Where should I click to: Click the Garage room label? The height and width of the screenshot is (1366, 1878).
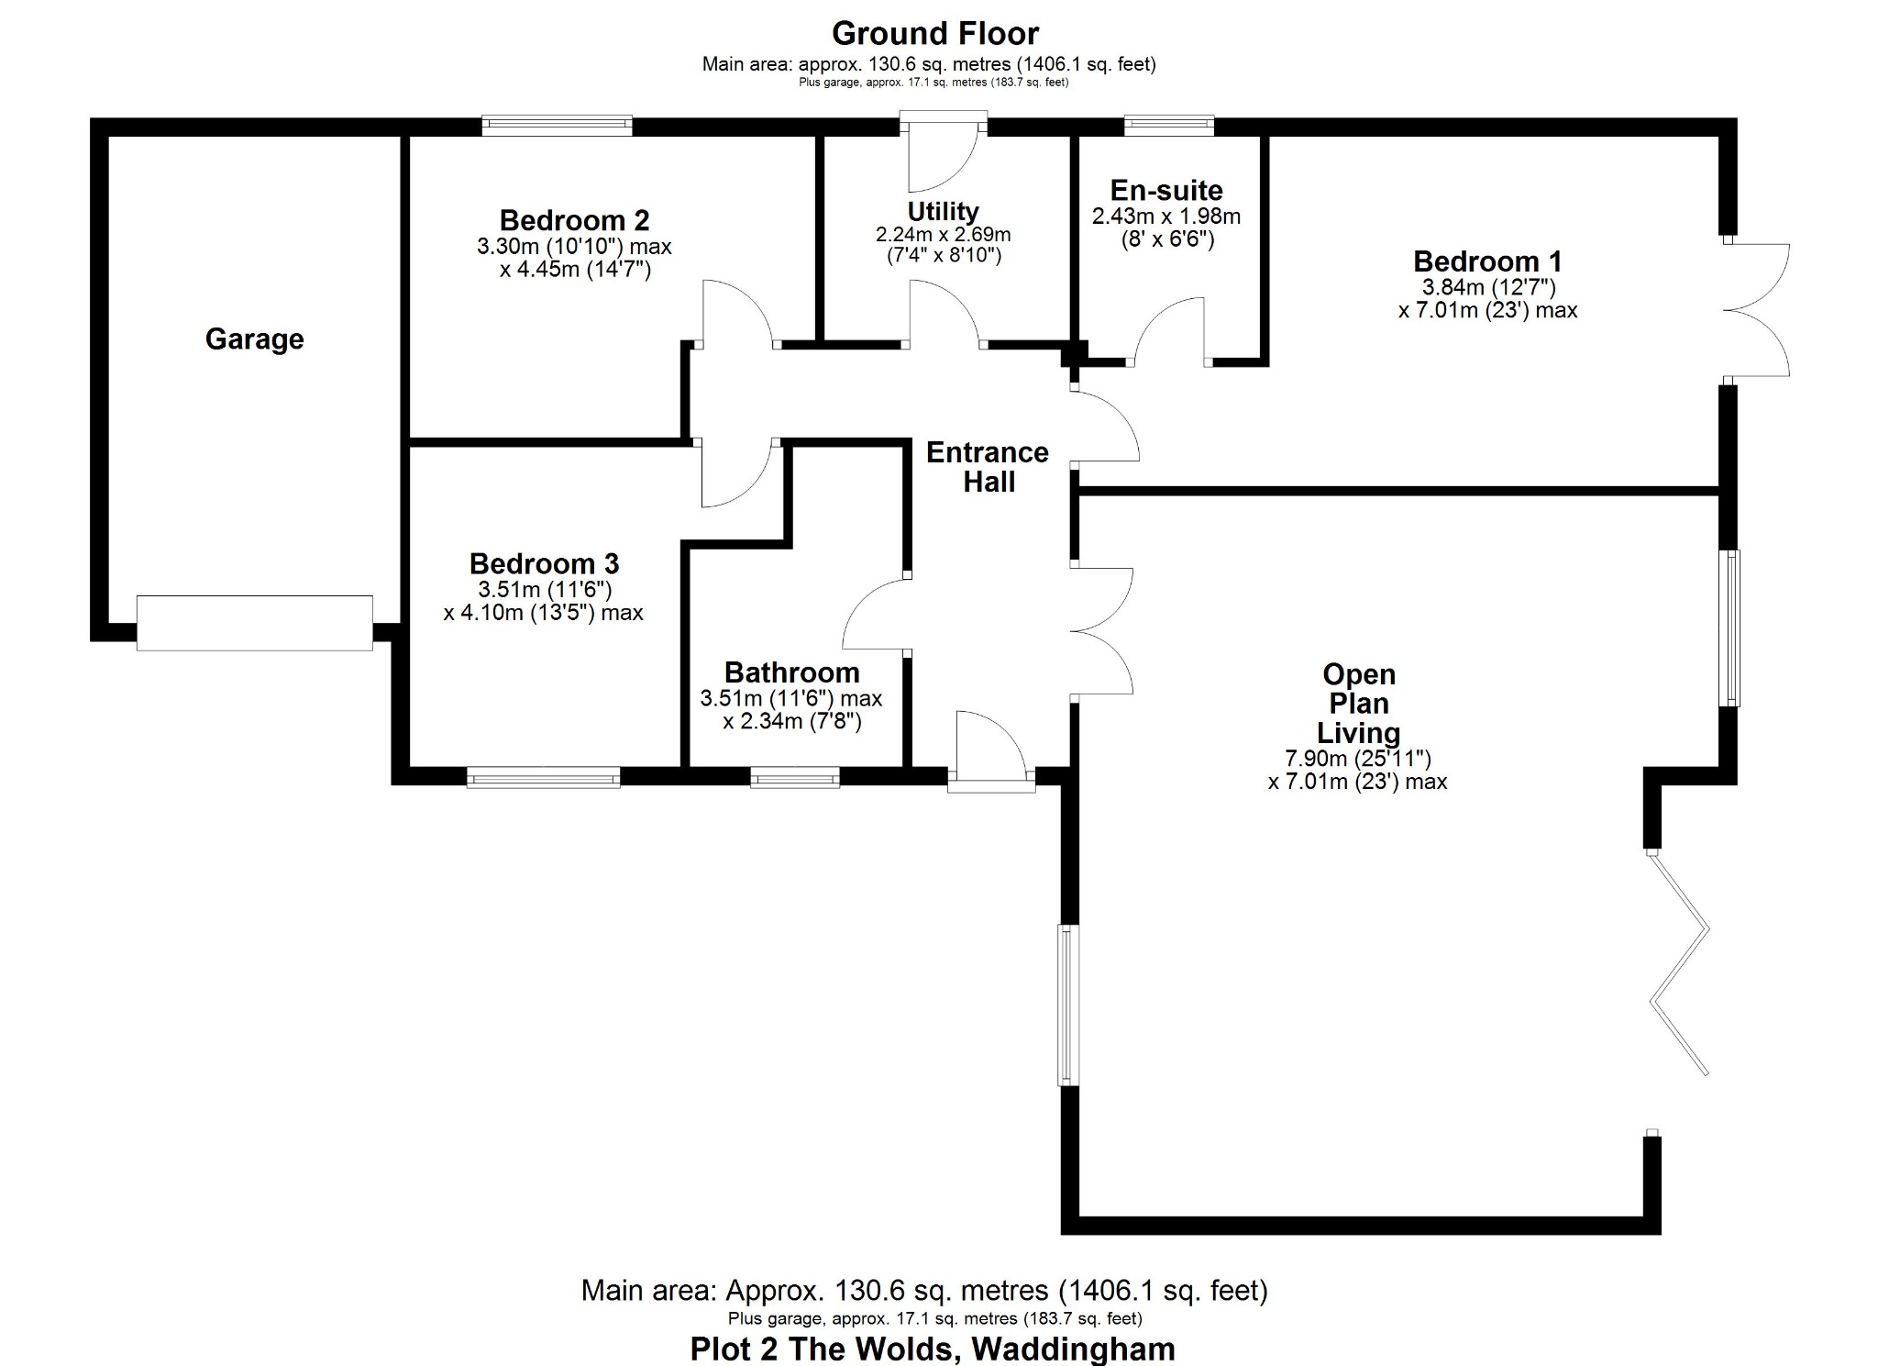coord(254,339)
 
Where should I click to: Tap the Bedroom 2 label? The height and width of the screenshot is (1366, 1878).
coord(574,220)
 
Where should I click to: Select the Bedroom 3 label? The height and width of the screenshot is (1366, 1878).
coord(544,563)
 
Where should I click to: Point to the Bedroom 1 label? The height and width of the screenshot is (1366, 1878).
coord(1487,261)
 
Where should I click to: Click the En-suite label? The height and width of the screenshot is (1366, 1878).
coord(1166,191)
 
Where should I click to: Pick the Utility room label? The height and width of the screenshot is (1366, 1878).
coord(943,212)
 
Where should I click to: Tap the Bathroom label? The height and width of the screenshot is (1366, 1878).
coord(791,672)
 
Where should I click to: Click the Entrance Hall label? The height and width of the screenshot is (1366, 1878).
coord(988,467)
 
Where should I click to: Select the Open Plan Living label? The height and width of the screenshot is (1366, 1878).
coord(1359,704)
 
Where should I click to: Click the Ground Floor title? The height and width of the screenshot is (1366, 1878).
coord(934,34)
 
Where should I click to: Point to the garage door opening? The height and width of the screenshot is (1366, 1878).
coord(255,623)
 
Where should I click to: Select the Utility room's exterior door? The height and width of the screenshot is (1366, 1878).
coord(944,151)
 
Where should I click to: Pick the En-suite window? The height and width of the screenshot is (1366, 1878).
coord(1169,126)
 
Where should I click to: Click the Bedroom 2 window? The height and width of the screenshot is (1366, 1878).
coord(558,126)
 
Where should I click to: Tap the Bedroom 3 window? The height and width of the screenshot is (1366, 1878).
coord(543,777)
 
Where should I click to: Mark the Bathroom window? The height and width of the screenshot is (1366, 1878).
coord(795,777)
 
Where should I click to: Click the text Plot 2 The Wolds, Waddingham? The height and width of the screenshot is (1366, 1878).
coord(933,1349)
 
